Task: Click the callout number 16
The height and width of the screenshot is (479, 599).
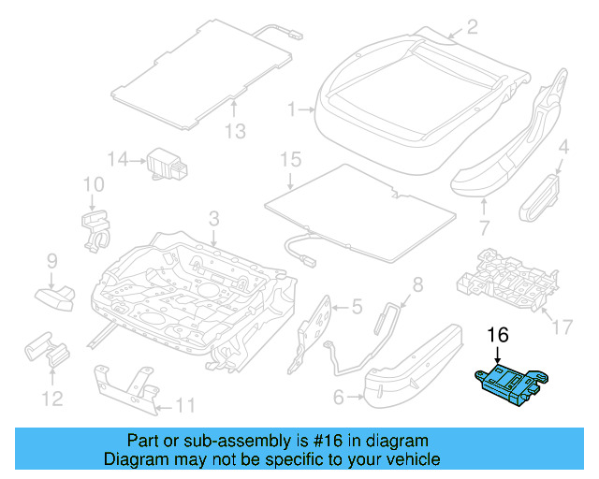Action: tap(497, 335)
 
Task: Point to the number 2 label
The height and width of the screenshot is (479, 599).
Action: tap(472, 26)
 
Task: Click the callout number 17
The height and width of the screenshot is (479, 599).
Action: tap(562, 327)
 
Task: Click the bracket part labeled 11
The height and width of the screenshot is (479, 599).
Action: tap(125, 386)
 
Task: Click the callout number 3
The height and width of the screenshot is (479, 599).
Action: tap(213, 219)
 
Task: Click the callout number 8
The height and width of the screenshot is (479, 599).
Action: tap(417, 284)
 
